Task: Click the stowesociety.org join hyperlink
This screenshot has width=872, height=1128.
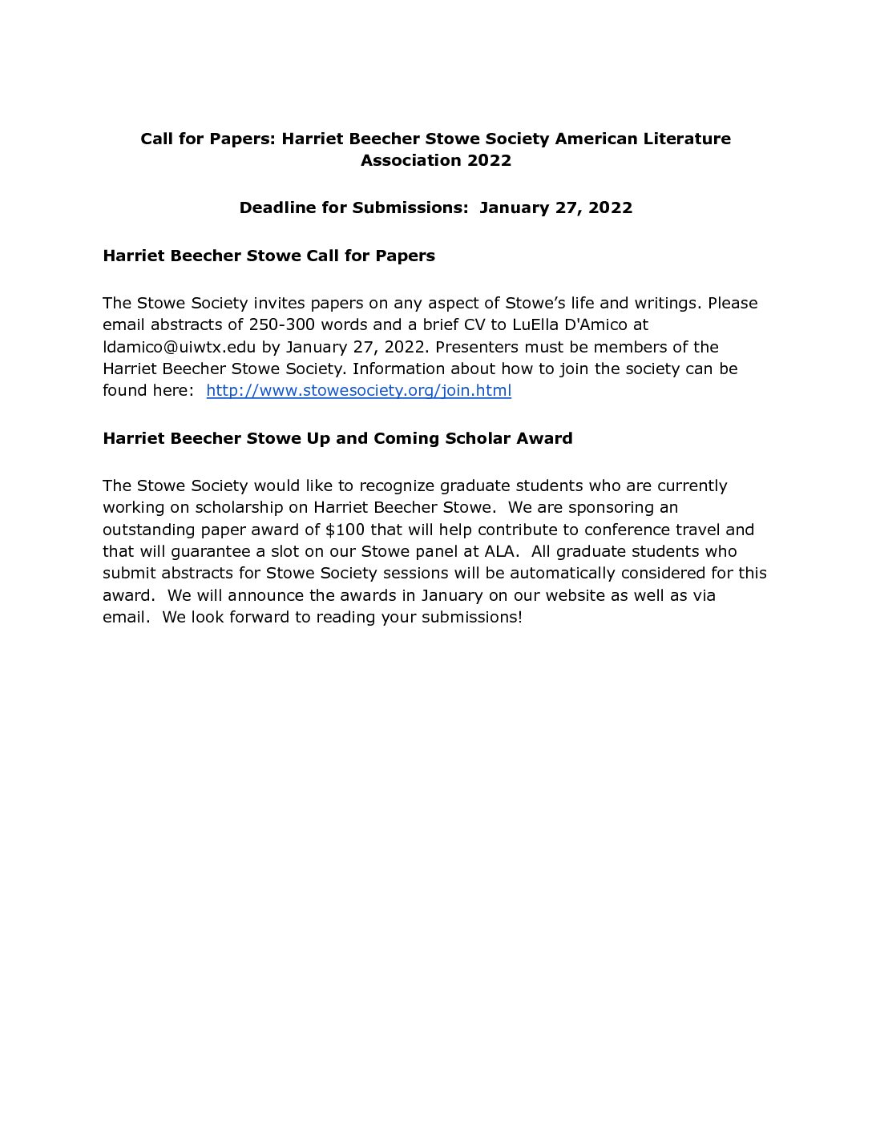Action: click(358, 391)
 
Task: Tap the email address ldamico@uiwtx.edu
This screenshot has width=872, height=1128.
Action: click(179, 348)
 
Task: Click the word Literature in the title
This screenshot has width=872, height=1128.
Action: click(687, 139)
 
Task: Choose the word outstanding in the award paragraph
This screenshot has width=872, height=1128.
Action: click(149, 530)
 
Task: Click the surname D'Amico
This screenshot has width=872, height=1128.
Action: click(598, 325)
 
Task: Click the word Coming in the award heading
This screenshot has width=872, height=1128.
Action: click(406, 438)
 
